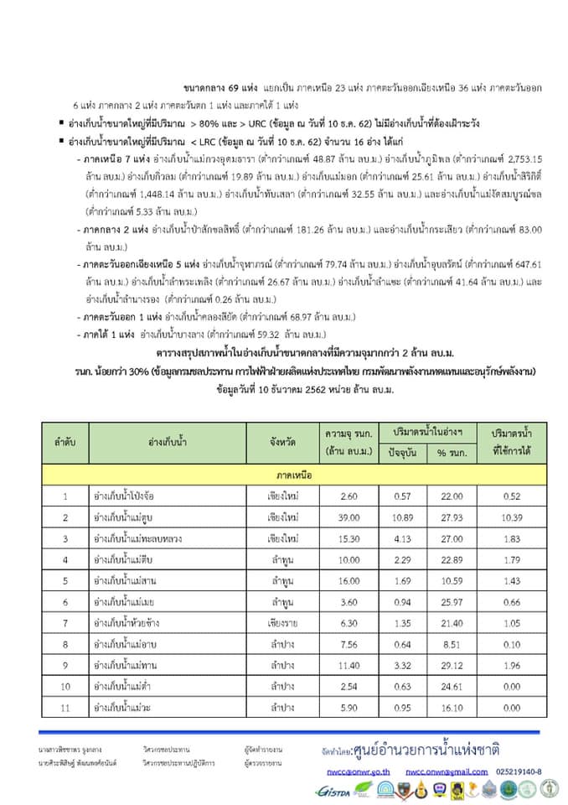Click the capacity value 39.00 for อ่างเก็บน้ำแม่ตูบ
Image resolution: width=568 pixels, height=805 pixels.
click(x=338, y=517)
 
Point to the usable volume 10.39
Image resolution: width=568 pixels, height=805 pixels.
click(x=511, y=517)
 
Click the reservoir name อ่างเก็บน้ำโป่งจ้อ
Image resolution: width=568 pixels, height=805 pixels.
click(x=126, y=496)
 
